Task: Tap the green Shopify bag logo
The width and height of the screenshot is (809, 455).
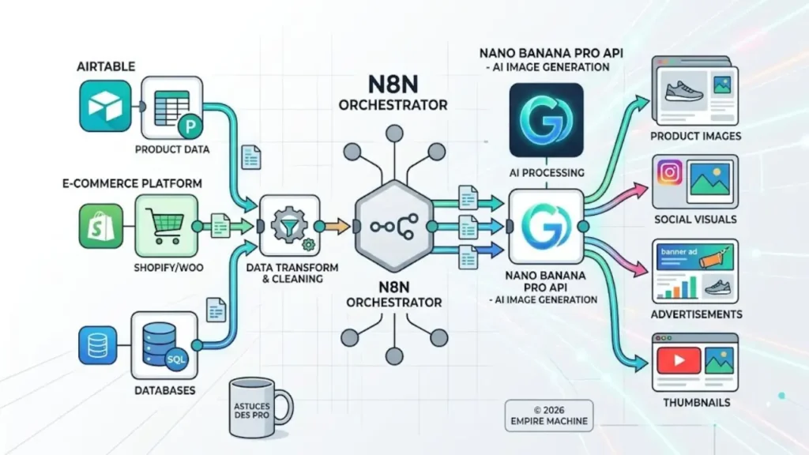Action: click(98, 225)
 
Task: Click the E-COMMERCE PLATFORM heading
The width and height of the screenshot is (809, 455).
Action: click(131, 183)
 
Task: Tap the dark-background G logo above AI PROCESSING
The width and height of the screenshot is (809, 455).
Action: click(546, 120)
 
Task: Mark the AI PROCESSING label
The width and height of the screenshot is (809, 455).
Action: click(547, 172)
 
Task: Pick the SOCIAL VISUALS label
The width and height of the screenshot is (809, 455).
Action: click(695, 219)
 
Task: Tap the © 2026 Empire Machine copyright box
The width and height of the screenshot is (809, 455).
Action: click(548, 415)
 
